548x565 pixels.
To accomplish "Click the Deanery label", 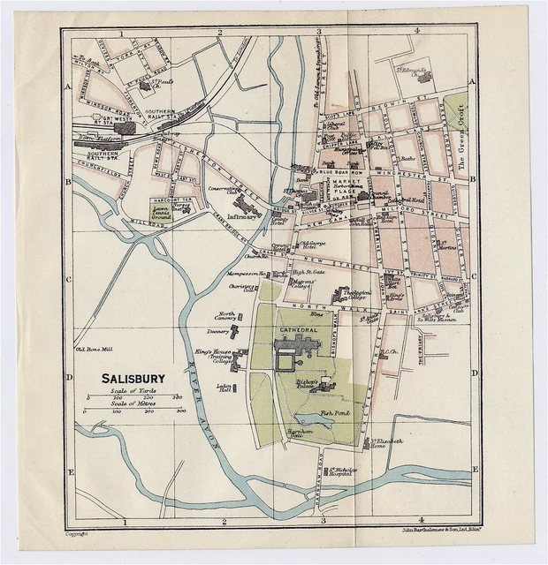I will click(x=219, y=333).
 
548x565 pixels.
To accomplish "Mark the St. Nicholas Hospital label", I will click(x=341, y=472).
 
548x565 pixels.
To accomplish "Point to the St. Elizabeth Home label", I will click(x=386, y=442).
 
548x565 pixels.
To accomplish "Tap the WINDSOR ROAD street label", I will click(x=111, y=114).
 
